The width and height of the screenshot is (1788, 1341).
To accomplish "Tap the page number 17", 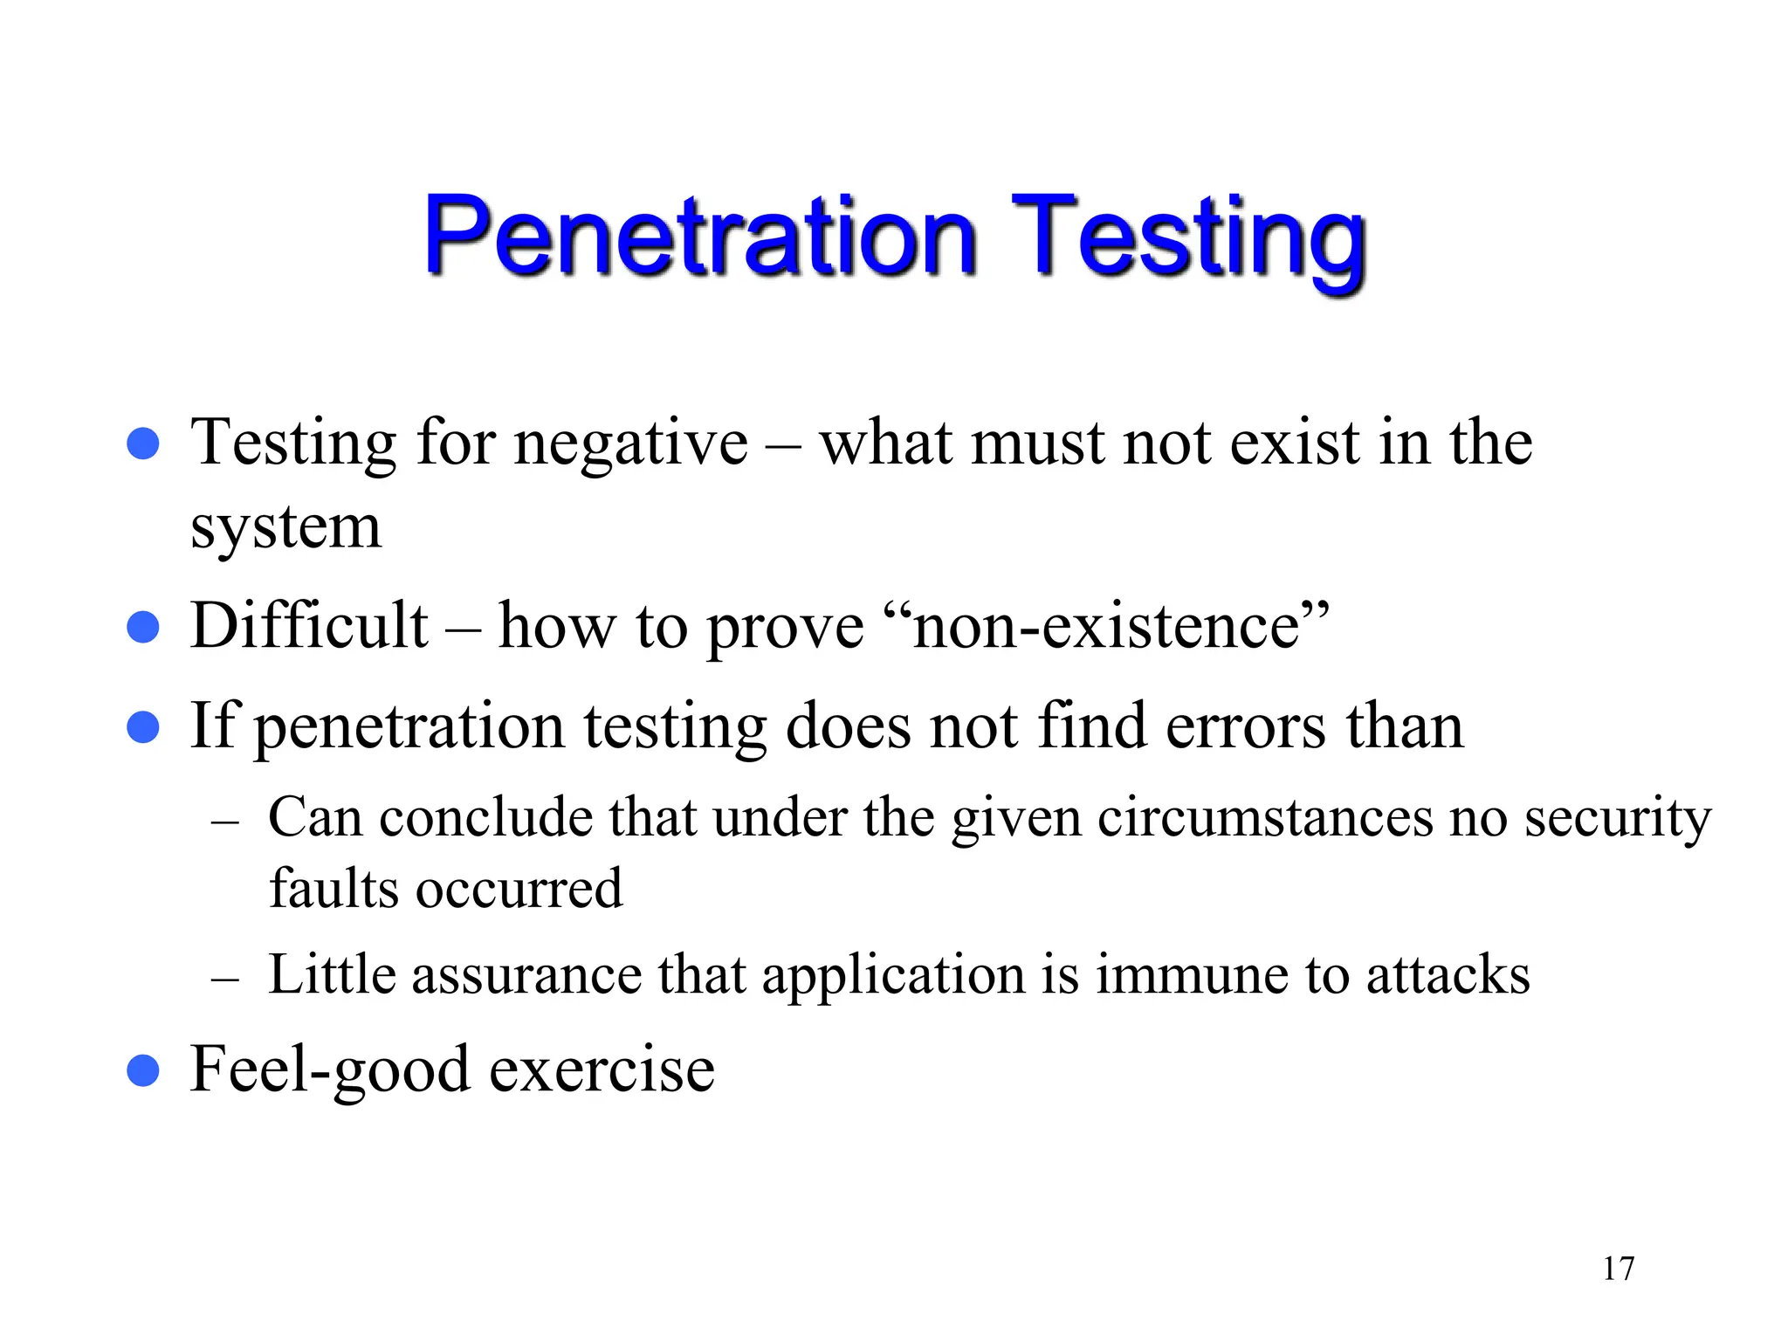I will coord(1618,1269).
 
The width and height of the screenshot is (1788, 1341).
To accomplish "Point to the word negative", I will coord(630,444).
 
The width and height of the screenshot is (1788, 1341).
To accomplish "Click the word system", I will coord(286,527).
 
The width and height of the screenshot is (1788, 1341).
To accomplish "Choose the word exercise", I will coord(602,1069).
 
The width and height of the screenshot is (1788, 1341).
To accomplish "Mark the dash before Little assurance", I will coord(225,980).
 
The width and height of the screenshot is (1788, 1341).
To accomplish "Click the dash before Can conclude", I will coord(225,823).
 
